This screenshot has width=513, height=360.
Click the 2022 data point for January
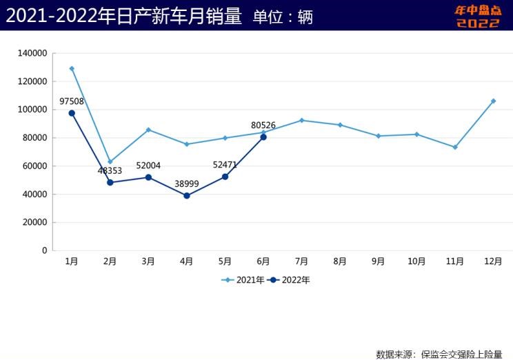coord(72,113)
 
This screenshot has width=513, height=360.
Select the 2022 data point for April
coord(187,196)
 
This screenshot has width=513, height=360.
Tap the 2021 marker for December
coord(493,101)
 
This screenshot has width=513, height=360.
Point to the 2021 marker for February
coord(110,161)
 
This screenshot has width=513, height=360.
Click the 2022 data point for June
coord(263,137)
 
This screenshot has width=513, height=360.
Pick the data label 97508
coord(72,101)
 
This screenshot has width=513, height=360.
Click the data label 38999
coord(187,184)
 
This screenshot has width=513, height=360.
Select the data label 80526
coord(263,126)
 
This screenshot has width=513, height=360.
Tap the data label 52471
coord(225,165)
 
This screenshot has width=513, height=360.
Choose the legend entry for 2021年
coord(243,280)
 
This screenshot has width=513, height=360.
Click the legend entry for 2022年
coord(289,280)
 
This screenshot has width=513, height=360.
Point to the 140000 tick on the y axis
coord(32,53)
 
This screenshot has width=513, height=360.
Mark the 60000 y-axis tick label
coord(34,166)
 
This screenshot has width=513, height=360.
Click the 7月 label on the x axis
coord(301,261)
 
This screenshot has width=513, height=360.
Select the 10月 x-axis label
coord(416,261)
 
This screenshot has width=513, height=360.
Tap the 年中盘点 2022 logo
coord(477,17)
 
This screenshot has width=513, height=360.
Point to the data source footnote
coord(439,354)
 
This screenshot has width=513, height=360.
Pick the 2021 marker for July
coord(301,120)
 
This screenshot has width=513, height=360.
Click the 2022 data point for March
coord(148,177)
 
